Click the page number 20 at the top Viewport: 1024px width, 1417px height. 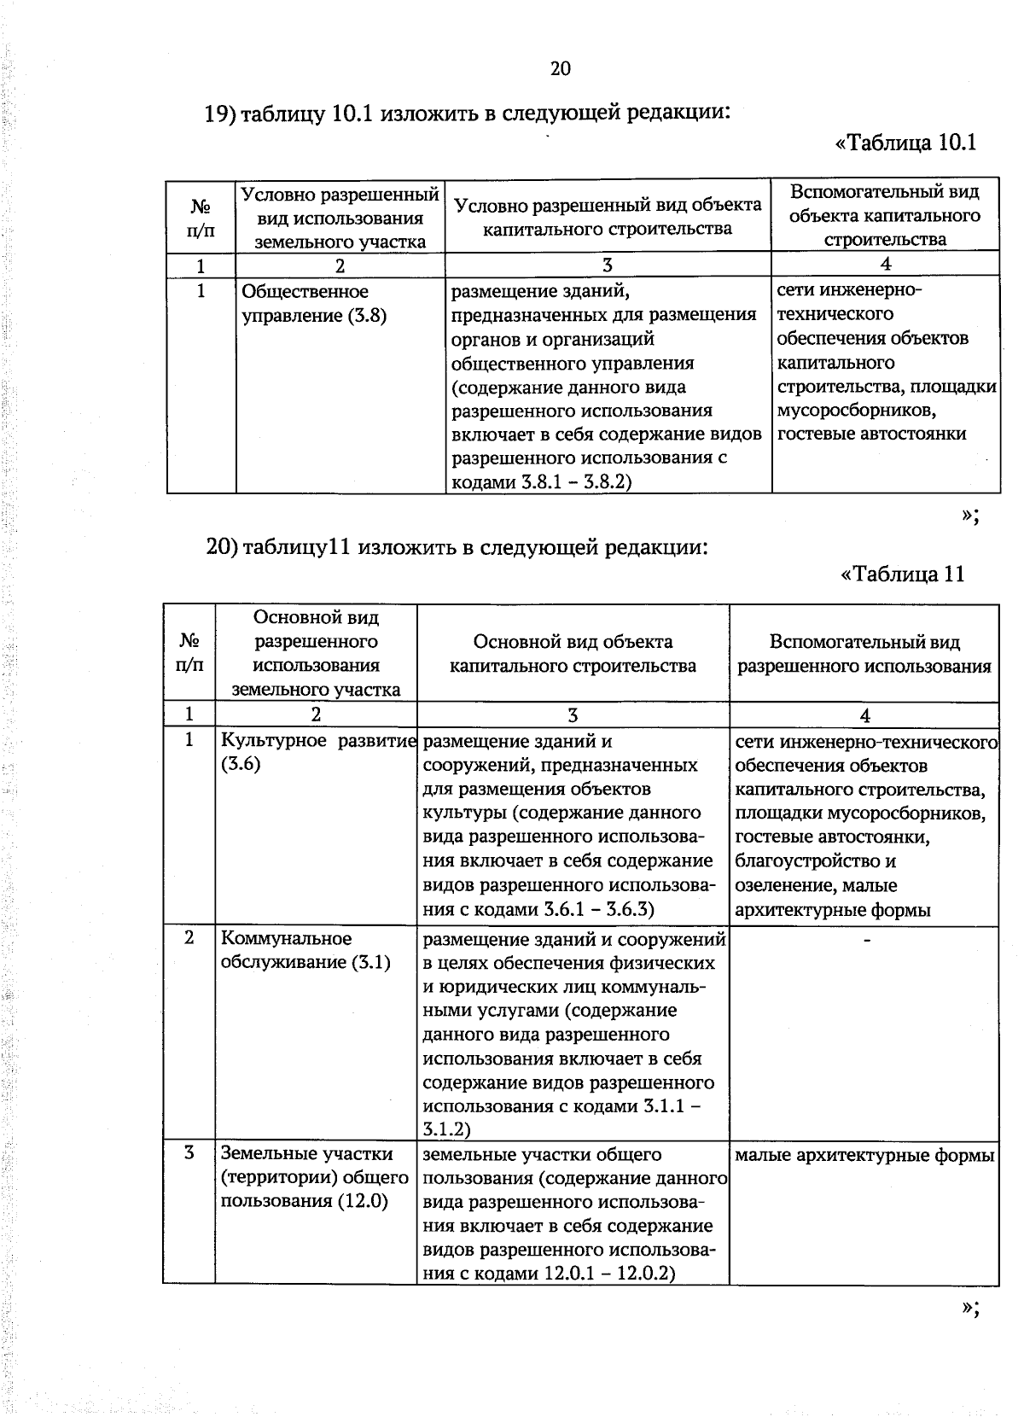click(560, 69)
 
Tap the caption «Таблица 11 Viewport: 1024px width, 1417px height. click(903, 574)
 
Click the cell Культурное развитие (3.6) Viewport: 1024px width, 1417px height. click(316, 751)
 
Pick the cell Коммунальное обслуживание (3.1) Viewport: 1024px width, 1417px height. click(305, 950)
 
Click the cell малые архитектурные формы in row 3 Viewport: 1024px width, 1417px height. click(864, 1156)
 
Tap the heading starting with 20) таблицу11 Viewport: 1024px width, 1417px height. click(457, 546)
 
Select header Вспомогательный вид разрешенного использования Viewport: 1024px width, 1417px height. click(864, 655)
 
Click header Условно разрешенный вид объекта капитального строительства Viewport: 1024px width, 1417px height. click(608, 217)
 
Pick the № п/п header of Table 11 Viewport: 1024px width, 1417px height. click(189, 653)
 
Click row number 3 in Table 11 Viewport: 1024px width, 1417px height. click(189, 1153)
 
